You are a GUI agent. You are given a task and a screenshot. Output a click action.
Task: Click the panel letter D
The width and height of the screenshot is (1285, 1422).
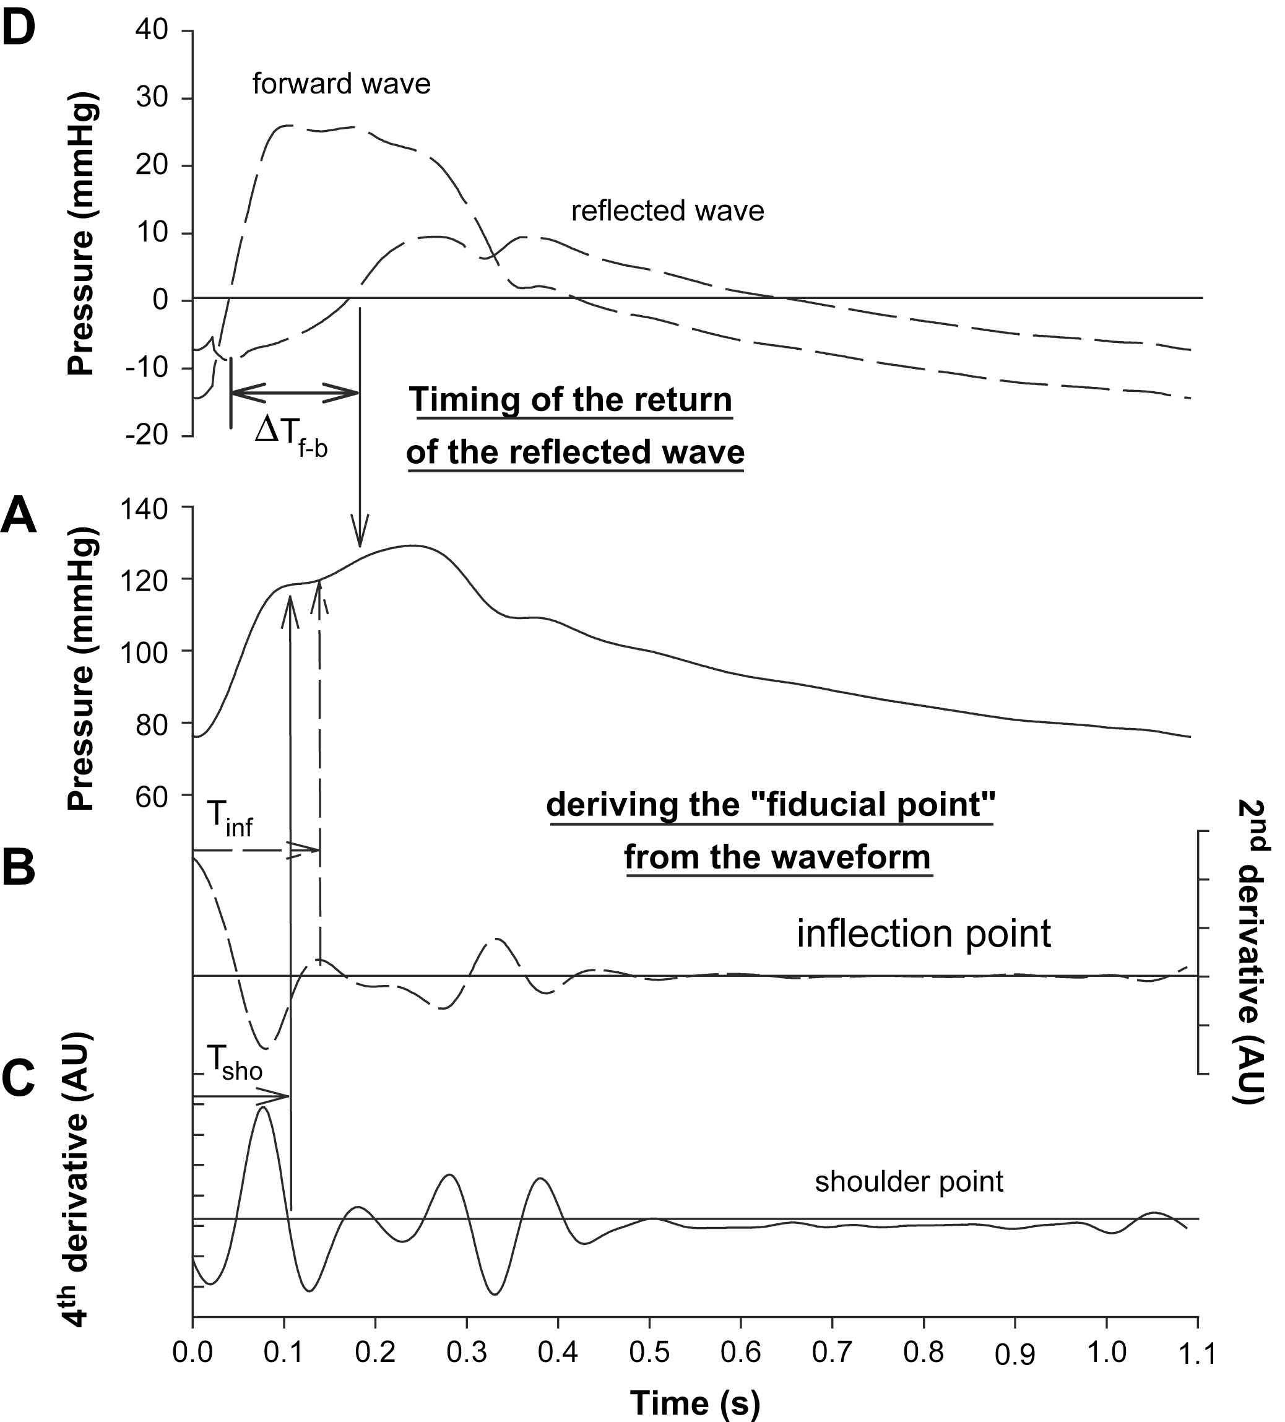click(x=19, y=29)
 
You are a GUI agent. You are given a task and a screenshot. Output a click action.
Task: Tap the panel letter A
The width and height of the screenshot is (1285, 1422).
click(x=19, y=516)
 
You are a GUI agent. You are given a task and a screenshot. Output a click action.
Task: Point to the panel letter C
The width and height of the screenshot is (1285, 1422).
click(x=19, y=1078)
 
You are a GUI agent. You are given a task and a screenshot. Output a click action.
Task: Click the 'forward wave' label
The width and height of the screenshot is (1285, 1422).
click(x=341, y=85)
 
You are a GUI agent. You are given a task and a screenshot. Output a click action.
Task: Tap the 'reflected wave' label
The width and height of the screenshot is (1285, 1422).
click(x=667, y=211)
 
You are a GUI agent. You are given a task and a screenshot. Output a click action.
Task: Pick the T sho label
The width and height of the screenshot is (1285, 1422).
click(x=234, y=1062)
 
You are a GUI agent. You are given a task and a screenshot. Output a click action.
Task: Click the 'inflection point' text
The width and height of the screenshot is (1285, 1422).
click(x=923, y=934)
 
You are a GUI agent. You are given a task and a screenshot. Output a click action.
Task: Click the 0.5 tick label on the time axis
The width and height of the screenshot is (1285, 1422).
click(x=649, y=1352)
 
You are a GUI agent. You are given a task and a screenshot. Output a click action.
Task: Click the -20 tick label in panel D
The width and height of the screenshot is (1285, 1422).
click(x=147, y=435)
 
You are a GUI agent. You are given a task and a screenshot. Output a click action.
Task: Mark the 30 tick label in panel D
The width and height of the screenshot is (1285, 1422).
click(x=152, y=97)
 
